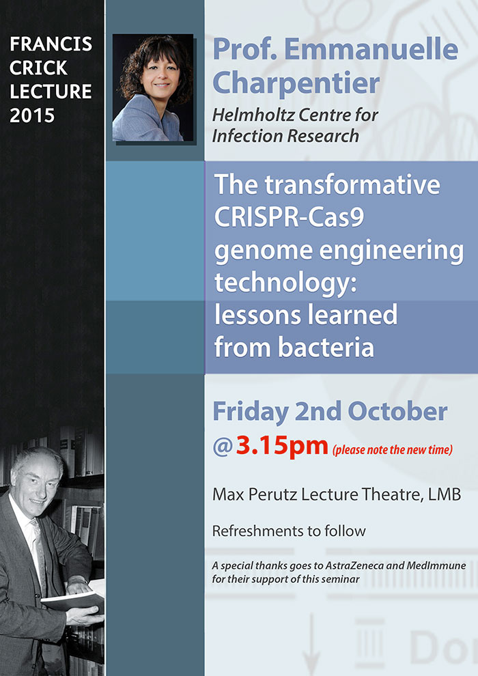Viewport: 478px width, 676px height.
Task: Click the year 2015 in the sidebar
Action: click(x=32, y=115)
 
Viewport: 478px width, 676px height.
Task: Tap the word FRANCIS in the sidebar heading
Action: click(x=51, y=44)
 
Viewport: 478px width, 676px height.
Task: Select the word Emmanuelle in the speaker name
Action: click(x=371, y=49)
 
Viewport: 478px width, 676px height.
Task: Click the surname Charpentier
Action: click(x=296, y=83)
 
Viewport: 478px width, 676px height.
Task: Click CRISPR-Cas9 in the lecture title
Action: click(x=290, y=217)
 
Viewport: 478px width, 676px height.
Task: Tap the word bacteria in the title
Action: click(x=326, y=348)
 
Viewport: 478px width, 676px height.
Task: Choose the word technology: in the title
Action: click(x=285, y=283)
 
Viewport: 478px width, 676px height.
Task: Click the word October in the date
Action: click(x=397, y=412)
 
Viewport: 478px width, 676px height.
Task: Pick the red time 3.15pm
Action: click(x=282, y=445)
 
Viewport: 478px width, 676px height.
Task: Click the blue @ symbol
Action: click(x=223, y=447)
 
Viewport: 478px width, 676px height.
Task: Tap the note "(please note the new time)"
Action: click(x=392, y=450)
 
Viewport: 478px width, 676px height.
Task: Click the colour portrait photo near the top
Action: click(x=152, y=88)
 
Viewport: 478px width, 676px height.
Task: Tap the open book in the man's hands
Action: click(x=73, y=599)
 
